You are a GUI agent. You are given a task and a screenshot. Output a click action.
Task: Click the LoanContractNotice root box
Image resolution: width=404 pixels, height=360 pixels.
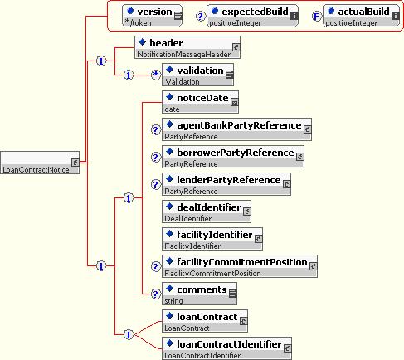click(x=40, y=163)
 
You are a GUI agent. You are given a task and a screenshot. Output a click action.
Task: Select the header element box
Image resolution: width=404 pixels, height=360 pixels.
click(x=187, y=47)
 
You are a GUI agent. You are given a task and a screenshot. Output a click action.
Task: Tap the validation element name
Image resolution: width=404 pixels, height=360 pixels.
click(x=200, y=71)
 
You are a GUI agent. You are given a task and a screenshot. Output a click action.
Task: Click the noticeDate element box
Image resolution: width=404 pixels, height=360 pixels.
click(x=200, y=102)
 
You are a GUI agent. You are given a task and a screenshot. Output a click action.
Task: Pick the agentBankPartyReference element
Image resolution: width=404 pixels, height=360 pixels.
click(x=236, y=129)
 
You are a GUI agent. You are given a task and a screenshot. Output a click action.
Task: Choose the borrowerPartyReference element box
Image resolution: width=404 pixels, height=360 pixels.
click(x=233, y=157)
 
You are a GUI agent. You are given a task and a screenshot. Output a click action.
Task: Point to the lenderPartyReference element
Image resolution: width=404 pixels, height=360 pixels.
click(x=226, y=184)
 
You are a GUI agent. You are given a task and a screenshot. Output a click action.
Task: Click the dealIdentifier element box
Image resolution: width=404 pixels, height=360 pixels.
click(x=207, y=212)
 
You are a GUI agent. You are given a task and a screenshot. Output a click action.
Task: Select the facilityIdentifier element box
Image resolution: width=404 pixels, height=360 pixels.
click(x=212, y=239)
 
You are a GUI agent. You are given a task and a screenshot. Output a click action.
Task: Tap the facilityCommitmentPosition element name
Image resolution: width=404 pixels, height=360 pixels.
click(x=242, y=262)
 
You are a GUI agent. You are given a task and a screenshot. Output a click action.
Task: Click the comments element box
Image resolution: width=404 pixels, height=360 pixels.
click(x=199, y=294)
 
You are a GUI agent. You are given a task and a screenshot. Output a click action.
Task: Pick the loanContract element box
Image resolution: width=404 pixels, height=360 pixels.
click(x=205, y=321)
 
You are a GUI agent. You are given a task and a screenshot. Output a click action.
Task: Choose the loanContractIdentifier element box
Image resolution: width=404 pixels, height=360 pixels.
click(x=226, y=348)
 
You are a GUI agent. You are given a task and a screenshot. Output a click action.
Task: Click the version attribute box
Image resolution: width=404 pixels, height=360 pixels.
click(x=152, y=16)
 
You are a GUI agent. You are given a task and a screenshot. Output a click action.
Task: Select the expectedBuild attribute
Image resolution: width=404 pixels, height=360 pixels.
click(x=252, y=16)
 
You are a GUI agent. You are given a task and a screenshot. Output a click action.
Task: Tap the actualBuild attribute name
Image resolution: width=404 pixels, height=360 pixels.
click(x=363, y=12)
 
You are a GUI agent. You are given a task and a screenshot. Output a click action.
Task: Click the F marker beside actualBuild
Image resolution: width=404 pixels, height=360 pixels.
click(x=316, y=17)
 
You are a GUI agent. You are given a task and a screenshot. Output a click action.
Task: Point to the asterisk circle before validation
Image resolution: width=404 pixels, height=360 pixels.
click(x=156, y=75)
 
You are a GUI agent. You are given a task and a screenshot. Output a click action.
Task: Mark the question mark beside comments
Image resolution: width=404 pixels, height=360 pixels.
click(x=156, y=294)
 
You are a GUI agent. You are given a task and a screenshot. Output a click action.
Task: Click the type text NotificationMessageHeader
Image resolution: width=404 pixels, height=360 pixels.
click(x=183, y=55)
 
